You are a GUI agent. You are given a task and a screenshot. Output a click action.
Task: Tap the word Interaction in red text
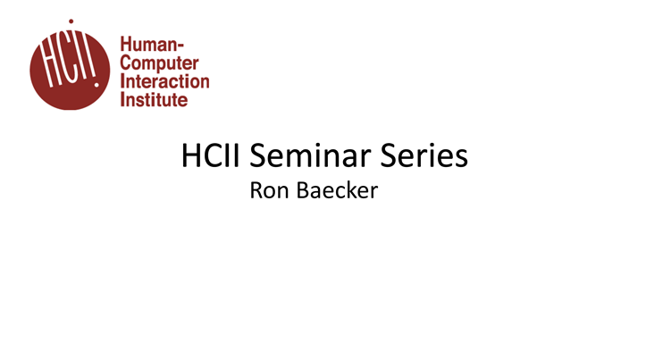click(x=164, y=81)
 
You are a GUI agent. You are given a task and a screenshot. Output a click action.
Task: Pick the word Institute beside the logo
click(x=154, y=100)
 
